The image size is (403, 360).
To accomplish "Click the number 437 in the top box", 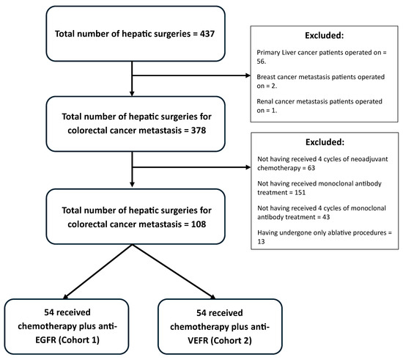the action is (207, 34).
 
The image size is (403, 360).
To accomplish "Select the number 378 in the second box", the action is (199, 131).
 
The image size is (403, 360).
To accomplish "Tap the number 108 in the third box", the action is (199, 224).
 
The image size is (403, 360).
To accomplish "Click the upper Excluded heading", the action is (324, 35).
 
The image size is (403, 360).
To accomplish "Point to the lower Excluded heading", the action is (325, 142).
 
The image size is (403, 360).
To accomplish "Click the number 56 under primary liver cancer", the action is (261, 62).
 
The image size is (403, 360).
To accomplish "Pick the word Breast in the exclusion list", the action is (265, 77).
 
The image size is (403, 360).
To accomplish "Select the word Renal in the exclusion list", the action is (265, 102).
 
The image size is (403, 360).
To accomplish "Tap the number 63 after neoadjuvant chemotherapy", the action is (311, 168).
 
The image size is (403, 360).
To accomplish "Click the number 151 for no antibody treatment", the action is (300, 193).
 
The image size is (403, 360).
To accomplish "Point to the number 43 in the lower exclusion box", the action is (326, 217).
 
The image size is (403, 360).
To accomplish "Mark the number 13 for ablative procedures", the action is (261, 242).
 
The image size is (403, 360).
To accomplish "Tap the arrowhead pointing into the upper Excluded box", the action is (248, 76).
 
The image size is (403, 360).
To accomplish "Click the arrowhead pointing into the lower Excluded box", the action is (248, 167).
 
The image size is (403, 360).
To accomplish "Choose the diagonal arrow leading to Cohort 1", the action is (97, 272).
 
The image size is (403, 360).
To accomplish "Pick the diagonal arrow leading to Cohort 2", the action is (174, 272).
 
